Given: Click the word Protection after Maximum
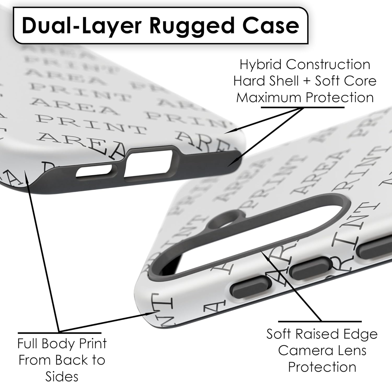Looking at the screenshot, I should [340, 98].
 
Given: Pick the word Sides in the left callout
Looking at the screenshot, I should [62, 376].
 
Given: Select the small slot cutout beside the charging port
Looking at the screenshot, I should [94, 171].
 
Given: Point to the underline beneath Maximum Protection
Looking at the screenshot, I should [303, 107].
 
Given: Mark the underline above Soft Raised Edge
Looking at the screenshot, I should [320, 322].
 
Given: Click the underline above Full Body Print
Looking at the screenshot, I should [60, 333].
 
